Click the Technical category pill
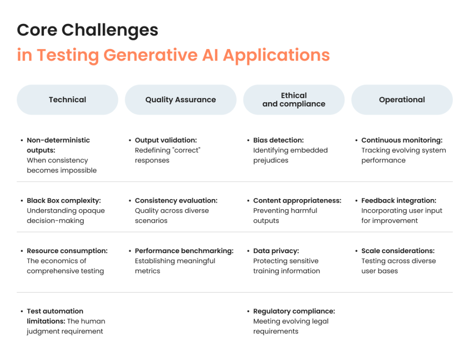tap(67, 100)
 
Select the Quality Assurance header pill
tap(180, 100)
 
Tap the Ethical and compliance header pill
tap(294, 100)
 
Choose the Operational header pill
tap(402, 100)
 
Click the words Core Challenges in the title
tap(88, 30)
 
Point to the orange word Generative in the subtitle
tap(151, 55)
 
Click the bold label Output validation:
tap(166, 140)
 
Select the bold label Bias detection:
tap(279, 140)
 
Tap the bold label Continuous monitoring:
tap(402, 140)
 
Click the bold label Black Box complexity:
tap(64, 201)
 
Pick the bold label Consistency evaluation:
tap(176, 201)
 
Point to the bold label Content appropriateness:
tap(297, 201)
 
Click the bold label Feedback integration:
tap(399, 201)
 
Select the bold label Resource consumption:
tap(67, 251)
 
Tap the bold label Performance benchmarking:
tap(184, 251)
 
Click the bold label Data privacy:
tap(276, 251)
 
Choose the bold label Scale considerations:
tap(398, 251)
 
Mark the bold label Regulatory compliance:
tap(294, 311)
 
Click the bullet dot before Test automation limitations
tap(22, 311)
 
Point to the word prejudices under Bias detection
tap(271, 161)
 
